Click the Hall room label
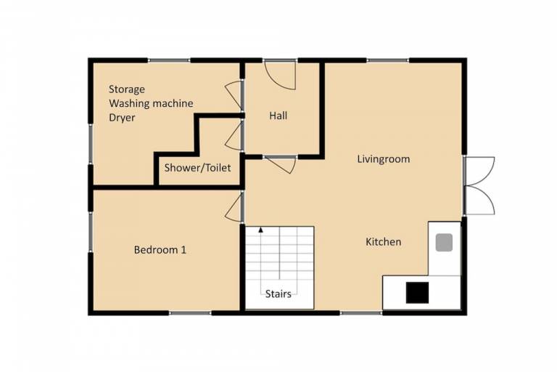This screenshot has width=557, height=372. click(x=278, y=116)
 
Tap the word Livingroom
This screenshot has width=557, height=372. click(x=383, y=159)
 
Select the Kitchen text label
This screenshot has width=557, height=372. click(x=383, y=242)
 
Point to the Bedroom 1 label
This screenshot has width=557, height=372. click(x=160, y=250)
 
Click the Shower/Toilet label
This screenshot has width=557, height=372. click(x=197, y=168)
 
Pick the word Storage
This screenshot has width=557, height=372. click(x=127, y=89)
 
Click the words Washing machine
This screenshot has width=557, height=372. click(x=151, y=104)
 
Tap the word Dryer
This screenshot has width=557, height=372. click(x=122, y=118)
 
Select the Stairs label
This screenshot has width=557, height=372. click(x=278, y=294)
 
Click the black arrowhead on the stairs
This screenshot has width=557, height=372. click(x=261, y=230)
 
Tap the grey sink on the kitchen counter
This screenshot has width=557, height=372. click(x=444, y=243)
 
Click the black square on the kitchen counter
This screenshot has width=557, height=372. click(x=417, y=293)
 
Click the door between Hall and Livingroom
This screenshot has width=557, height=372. click(x=281, y=164)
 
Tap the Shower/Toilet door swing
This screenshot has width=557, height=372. click(x=234, y=135)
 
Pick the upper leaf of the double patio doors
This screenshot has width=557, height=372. click(x=479, y=171)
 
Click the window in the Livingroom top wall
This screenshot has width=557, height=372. click(x=387, y=60)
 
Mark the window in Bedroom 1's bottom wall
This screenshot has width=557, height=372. click(x=190, y=313)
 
